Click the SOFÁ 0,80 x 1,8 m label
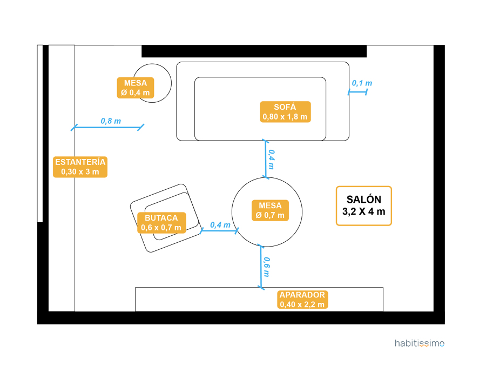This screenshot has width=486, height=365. pos(286,111)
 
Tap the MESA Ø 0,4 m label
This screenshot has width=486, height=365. pos(136,88)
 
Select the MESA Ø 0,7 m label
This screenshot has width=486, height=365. pos(270,210)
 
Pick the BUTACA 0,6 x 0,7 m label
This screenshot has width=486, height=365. pos(161,222)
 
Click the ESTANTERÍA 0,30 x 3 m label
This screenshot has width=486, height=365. pos(80,167)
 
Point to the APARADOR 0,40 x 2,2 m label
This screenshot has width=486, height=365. pos(302,300)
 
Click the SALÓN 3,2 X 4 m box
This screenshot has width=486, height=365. pos(363,206)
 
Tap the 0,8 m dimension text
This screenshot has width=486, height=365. pos(111,121)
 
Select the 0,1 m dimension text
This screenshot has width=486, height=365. pos(362,83)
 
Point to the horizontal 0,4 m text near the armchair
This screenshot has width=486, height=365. pos(220,224)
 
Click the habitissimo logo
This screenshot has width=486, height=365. pos(420,343)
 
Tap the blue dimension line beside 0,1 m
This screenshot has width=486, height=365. pos(357,92)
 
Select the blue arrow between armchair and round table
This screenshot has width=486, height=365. pos(219,231)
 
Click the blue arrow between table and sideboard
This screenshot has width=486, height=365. pos(261,266)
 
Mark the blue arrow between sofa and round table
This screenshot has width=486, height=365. pos(265,158)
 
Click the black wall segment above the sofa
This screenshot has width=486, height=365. pos(254,51)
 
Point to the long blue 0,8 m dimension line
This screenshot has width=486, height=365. pos(108,128)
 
